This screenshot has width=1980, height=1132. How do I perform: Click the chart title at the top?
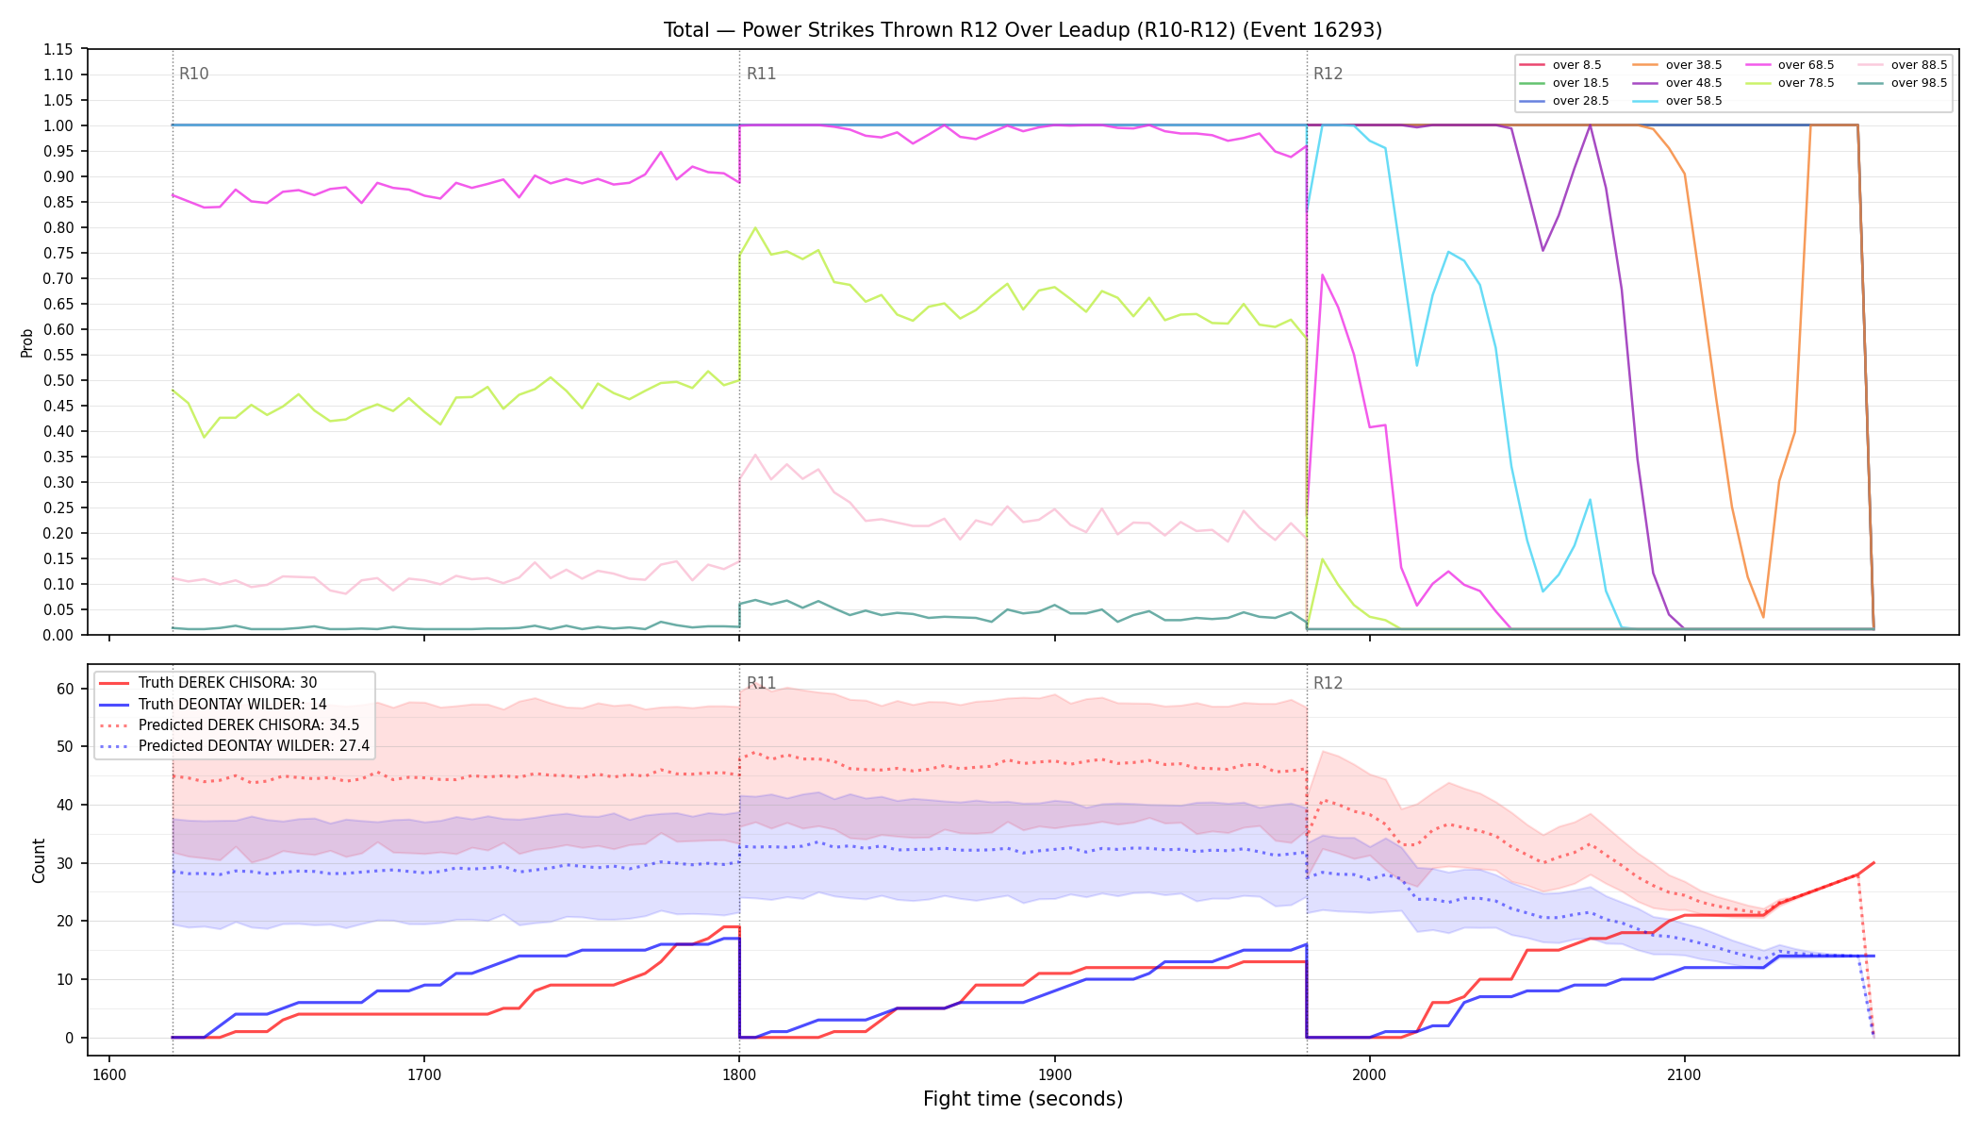point(1023,30)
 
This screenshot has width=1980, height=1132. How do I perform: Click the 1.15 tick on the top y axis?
point(58,50)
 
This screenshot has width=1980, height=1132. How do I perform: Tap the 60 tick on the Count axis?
point(65,690)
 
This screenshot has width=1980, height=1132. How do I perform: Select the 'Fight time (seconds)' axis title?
point(1023,1099)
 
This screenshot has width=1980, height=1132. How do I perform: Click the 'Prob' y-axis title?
point(27,342)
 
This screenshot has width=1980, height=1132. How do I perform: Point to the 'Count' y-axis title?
point(39,860)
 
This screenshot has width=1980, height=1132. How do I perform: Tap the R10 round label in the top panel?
point(194,74)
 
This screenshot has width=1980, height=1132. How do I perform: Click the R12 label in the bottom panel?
point(1328,683)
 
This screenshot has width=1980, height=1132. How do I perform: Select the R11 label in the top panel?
point(761,74)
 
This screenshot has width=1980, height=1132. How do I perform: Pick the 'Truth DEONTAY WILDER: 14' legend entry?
point(232,704)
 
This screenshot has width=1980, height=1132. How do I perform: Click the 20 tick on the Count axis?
point(65,922)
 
